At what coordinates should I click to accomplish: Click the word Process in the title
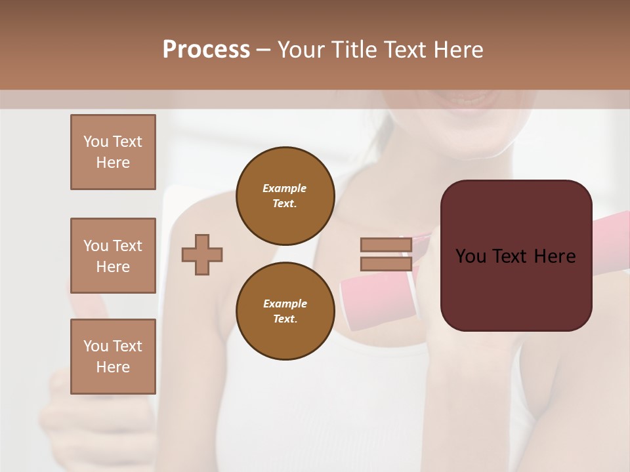tap(206, 50)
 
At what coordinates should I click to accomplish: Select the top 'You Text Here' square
tap(113, 152)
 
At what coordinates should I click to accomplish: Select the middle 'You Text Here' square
tap(113, 256)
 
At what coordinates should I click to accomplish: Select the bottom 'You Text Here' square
tap(113, 357)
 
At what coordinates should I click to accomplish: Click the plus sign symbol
tap(202, 254)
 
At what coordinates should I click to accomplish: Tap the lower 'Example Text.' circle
tap(285, 311)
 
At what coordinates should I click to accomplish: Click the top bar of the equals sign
tap(386, 245)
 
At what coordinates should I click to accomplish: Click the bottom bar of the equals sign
tap(386, 264)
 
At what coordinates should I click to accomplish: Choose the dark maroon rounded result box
tap(516, 288)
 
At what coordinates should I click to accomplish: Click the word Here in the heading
tap(459, 50)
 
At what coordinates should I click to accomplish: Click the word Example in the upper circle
tap(285, 188)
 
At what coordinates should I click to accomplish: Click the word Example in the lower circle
tap(285, 304)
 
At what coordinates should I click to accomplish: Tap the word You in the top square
tap(95, 142)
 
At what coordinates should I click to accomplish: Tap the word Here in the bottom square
tap(113, 367)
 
